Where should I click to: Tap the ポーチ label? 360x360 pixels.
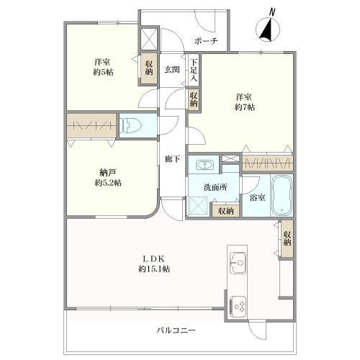click(206, 40)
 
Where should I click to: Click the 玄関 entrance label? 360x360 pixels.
click(172, 69)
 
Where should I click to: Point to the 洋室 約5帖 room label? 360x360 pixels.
click(104, 67)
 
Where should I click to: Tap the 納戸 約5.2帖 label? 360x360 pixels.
click(109, 177)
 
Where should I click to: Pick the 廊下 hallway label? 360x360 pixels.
click(171, 159)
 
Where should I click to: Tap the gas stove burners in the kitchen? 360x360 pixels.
click(238, 305)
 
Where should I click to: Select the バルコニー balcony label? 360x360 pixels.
click(177, 330)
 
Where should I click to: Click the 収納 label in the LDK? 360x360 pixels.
click(287, 238)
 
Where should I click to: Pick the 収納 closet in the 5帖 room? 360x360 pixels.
click(149, 68)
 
